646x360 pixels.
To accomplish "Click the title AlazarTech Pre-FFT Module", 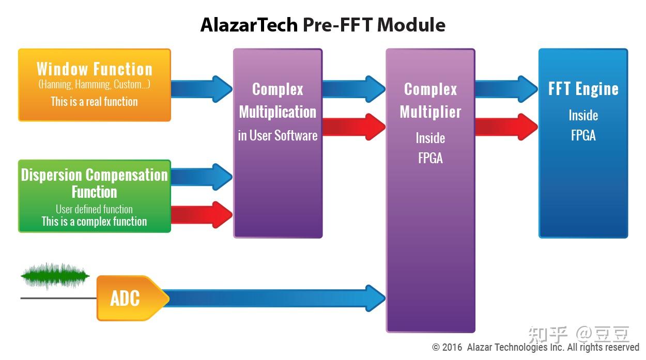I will tap(322, 25).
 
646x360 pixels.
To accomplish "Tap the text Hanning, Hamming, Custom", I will tap(94, 84).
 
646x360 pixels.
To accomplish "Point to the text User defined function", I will tap(94, 209).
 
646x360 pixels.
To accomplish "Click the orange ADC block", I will tap(127, 298).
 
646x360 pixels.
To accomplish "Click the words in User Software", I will tap(278, 136).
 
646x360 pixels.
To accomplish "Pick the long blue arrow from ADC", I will tap(274, 298).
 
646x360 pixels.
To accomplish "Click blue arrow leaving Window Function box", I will tap(202, 89).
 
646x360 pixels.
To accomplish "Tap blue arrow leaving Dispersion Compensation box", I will tap(202, 177).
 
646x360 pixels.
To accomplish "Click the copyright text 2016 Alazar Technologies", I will tap(535, 348).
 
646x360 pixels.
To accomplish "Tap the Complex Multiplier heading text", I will tap(430, 101).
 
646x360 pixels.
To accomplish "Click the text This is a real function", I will tap(94, 101).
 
